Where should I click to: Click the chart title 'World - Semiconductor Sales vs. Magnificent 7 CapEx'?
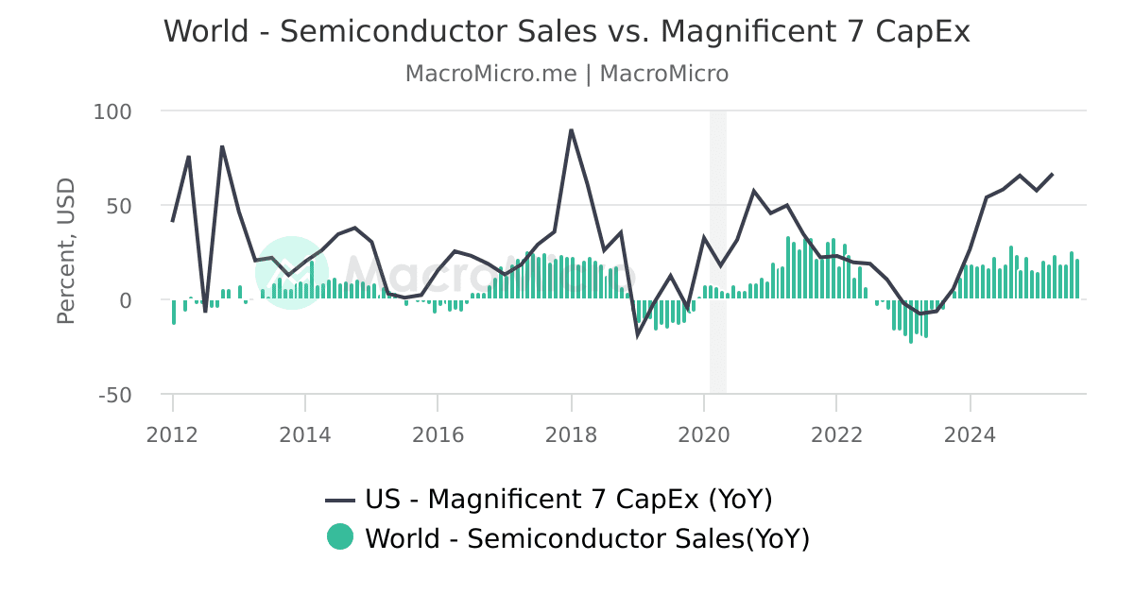pos(567,31)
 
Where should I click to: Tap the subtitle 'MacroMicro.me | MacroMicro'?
pos(567,74)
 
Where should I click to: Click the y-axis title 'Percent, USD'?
pos(65,251)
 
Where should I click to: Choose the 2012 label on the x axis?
pos(173,434)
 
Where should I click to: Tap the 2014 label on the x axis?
pos(305,434)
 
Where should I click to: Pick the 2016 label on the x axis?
pos(438,434)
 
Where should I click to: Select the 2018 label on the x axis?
pos(571,434)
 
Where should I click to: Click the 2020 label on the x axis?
pos(703,434)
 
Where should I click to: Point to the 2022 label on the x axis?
pos(836,434)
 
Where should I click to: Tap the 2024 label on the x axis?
pos(970,434)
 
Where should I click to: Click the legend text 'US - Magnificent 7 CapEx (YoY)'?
pos(569,499)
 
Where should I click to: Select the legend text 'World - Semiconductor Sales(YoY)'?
pos(587,538)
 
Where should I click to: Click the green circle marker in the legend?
pos(340,537)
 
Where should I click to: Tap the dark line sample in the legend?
pos(340,500)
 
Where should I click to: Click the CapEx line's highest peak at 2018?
pos(571,129)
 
